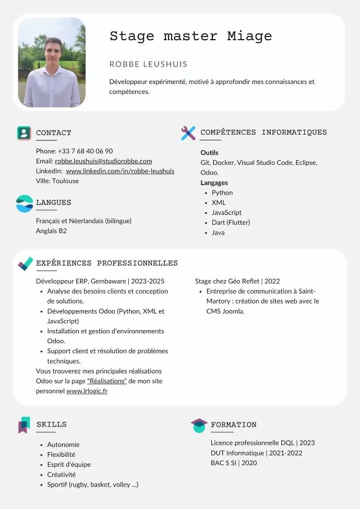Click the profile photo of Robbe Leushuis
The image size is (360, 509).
tap(52, 62)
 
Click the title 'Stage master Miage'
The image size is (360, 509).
tap(190, 36)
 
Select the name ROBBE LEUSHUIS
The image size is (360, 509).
tap(148, 64)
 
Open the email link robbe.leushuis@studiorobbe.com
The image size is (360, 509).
tap(103, 161)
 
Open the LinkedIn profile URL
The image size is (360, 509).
tap(120, 171)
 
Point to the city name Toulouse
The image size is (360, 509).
tap(65, 181)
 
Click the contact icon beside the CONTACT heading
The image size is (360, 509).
tap(24, 133)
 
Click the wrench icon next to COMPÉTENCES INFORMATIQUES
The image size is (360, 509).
tap(188, 133)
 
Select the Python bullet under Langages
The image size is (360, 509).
tap(222, 193)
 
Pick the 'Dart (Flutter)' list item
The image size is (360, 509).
tap(231, 223)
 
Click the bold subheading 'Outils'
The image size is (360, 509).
tap(210, 153)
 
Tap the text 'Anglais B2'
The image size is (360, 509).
tap(51, 231)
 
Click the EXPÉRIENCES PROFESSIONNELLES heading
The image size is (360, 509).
tap(107, 263)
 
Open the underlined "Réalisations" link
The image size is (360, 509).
tap(107, 381)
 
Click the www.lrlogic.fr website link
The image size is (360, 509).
tap(87, 391)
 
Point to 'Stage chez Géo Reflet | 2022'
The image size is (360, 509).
tap(237, 281)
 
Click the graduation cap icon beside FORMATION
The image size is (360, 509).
tap(199, 425)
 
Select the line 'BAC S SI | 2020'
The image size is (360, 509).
tap(234, 463)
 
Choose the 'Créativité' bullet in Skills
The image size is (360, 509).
tap(62, 475)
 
